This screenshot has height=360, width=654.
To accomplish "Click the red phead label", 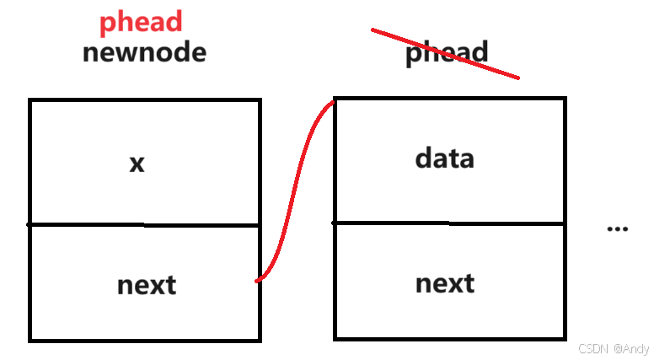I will pos(141,22).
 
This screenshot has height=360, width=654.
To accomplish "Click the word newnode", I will pos(144,52).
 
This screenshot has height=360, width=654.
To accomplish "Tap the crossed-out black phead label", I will pos(446,53).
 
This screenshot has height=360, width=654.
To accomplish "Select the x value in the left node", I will pos(137,163).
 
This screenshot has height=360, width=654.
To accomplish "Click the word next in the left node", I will pos(147,284).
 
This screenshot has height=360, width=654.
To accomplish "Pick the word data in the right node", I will pos(444,158).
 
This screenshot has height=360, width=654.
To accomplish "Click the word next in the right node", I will pos(445,282).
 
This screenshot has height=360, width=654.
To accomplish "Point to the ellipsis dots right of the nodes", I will pos(618,228).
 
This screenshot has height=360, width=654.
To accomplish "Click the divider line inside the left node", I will pos(145,225).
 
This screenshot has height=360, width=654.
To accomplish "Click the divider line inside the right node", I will pos(449,223).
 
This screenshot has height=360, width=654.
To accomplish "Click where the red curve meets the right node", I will pos(334,102).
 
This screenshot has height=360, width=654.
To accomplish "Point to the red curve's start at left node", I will pos(258,281).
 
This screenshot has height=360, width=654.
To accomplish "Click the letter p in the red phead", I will pos(108,24).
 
